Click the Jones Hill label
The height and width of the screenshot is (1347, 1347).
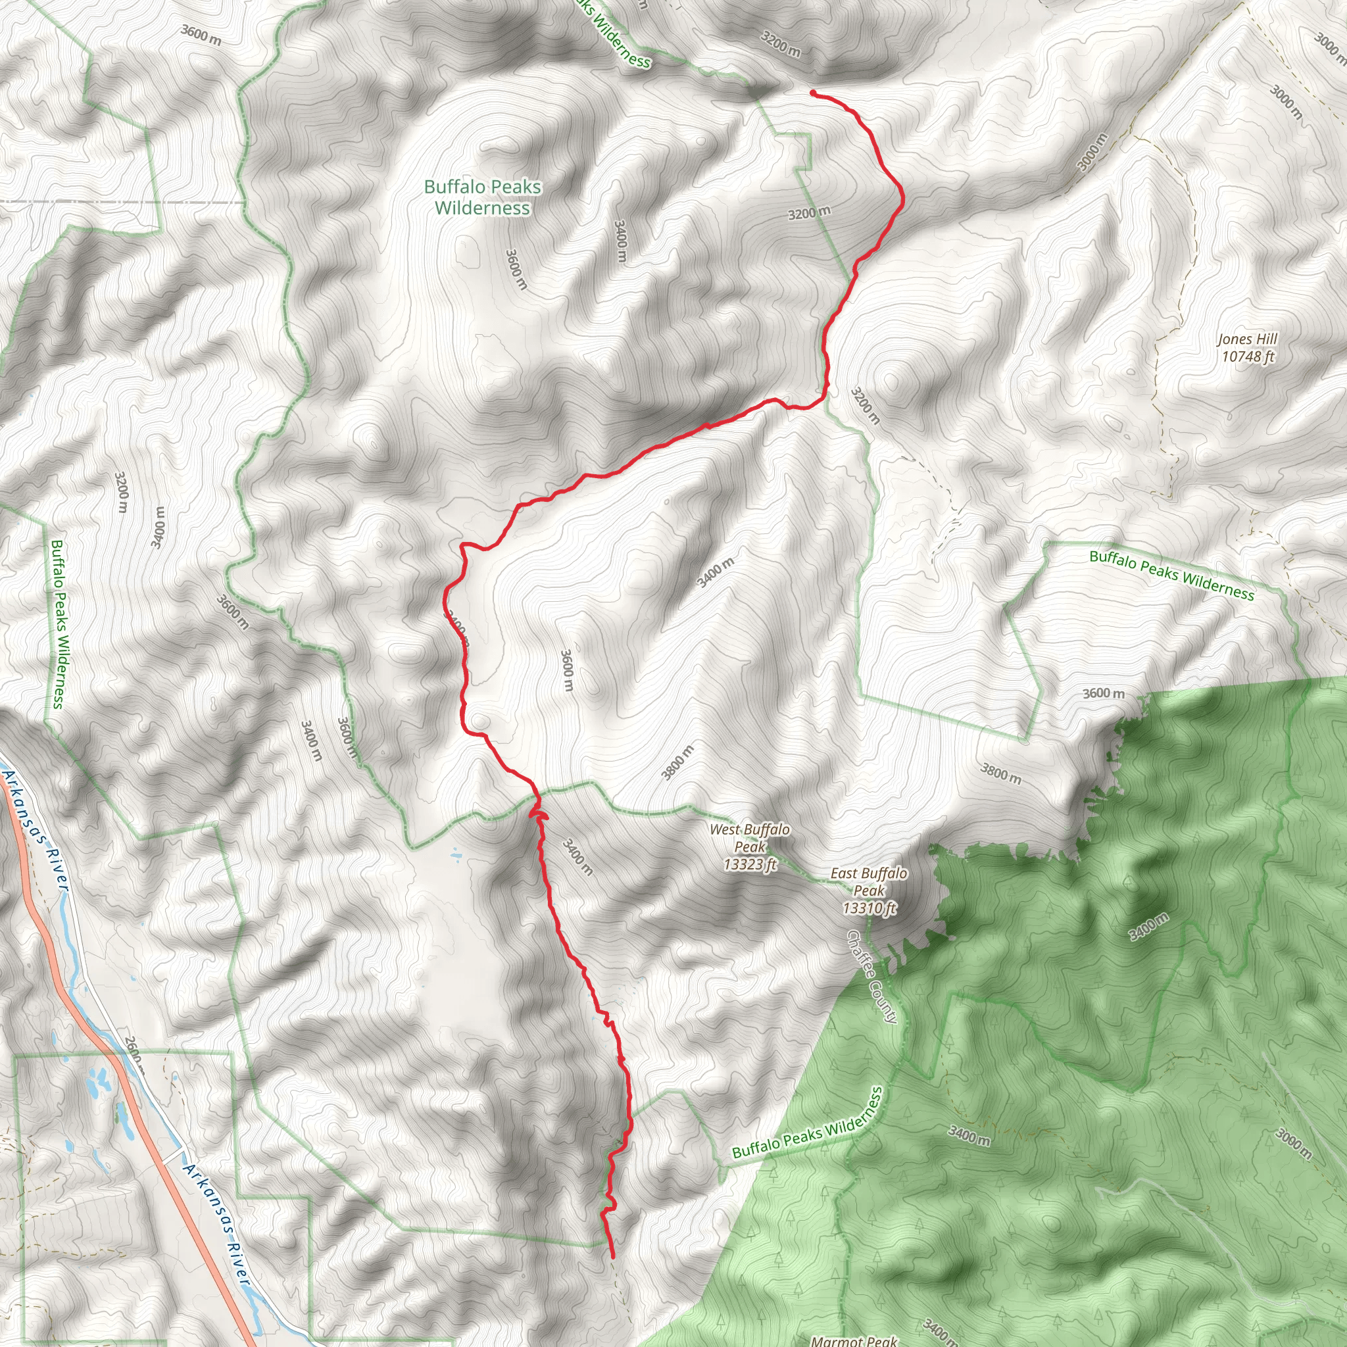[1247, 339]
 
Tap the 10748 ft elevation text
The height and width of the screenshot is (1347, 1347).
[1247, 356]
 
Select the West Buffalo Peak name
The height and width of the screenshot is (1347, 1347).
[750, 837]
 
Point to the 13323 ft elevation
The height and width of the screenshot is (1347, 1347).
[750, 864]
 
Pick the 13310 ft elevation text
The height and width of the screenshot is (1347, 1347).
[869, 908]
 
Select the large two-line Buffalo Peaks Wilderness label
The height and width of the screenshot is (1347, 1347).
[483, 197]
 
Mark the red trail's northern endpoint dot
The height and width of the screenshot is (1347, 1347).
[813, 92]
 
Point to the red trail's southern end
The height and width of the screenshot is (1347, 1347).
[612, 1257]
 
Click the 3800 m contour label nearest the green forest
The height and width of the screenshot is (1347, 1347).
[1001, 773]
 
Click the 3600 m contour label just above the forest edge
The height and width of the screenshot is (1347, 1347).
[1104, 693]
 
